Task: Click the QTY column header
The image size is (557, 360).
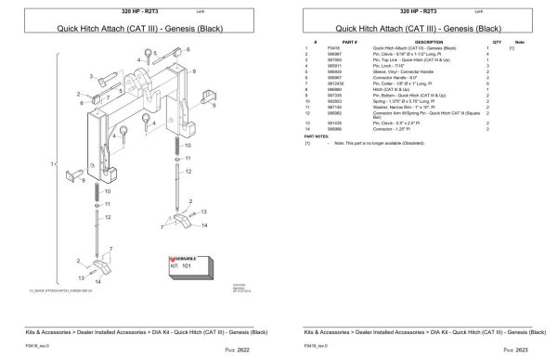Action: point(497,41)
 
